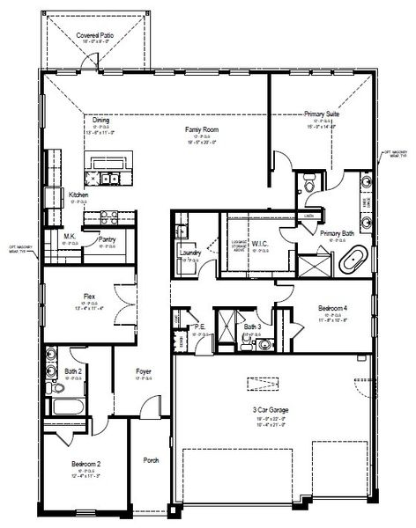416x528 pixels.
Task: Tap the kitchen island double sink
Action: (111, 180)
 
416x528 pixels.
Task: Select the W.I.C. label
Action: (259, 244)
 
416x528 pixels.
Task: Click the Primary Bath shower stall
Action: (310, 265)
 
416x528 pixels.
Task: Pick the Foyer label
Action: (144, 371)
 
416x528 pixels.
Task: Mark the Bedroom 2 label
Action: (85, 463)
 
